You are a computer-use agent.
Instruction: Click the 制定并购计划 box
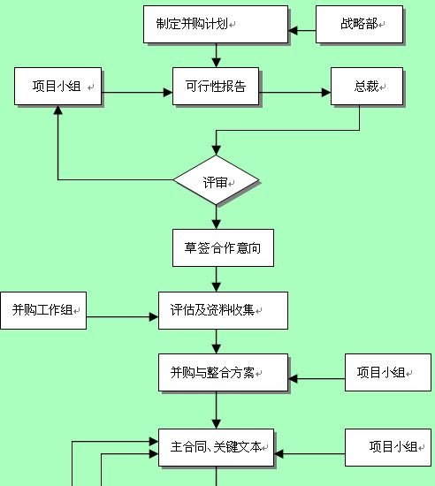click(x=215, y=24)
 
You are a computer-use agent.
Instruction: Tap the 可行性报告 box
click(x=215, y=88)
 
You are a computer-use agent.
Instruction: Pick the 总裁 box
click(x=365, y=87)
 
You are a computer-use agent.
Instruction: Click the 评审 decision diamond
click(x=216, y=181)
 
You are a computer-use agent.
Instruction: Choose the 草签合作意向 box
click(x=216, y=247)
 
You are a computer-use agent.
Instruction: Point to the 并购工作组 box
click(x=42, y=310)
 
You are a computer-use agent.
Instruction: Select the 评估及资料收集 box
click(x=216, y=310)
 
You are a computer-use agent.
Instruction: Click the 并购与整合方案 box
click(x=216, y=373)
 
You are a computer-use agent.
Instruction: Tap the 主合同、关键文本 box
click(x=216, y=447)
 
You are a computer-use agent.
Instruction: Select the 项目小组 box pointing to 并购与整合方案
click(x=387, y=372)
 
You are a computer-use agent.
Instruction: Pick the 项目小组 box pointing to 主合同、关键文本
click(x=387, y=447)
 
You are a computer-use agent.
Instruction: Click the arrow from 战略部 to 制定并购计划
click(x=302, y=33)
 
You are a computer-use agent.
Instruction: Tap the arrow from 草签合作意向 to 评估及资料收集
click(x=216, y=278)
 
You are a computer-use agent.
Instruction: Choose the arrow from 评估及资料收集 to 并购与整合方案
click(x=216, y=341)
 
